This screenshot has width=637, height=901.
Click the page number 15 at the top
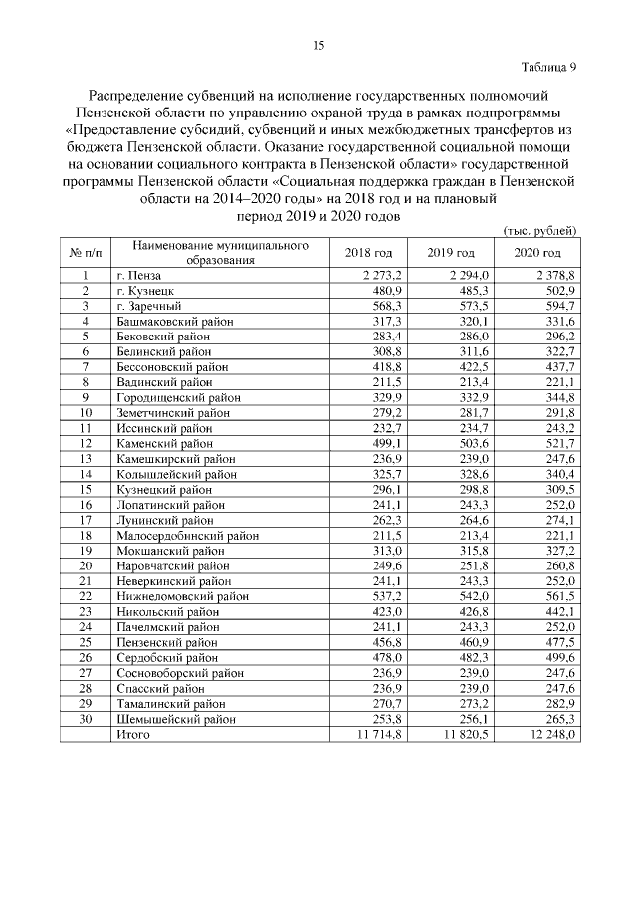click(318, 45)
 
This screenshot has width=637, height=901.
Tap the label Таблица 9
click(549, 68)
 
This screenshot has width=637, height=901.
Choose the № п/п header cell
click(86, 253)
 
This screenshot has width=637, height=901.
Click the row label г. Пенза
click(138, 275)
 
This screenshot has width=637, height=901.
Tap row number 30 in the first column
click(86, 719)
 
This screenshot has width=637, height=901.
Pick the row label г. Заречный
click(146, 306)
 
